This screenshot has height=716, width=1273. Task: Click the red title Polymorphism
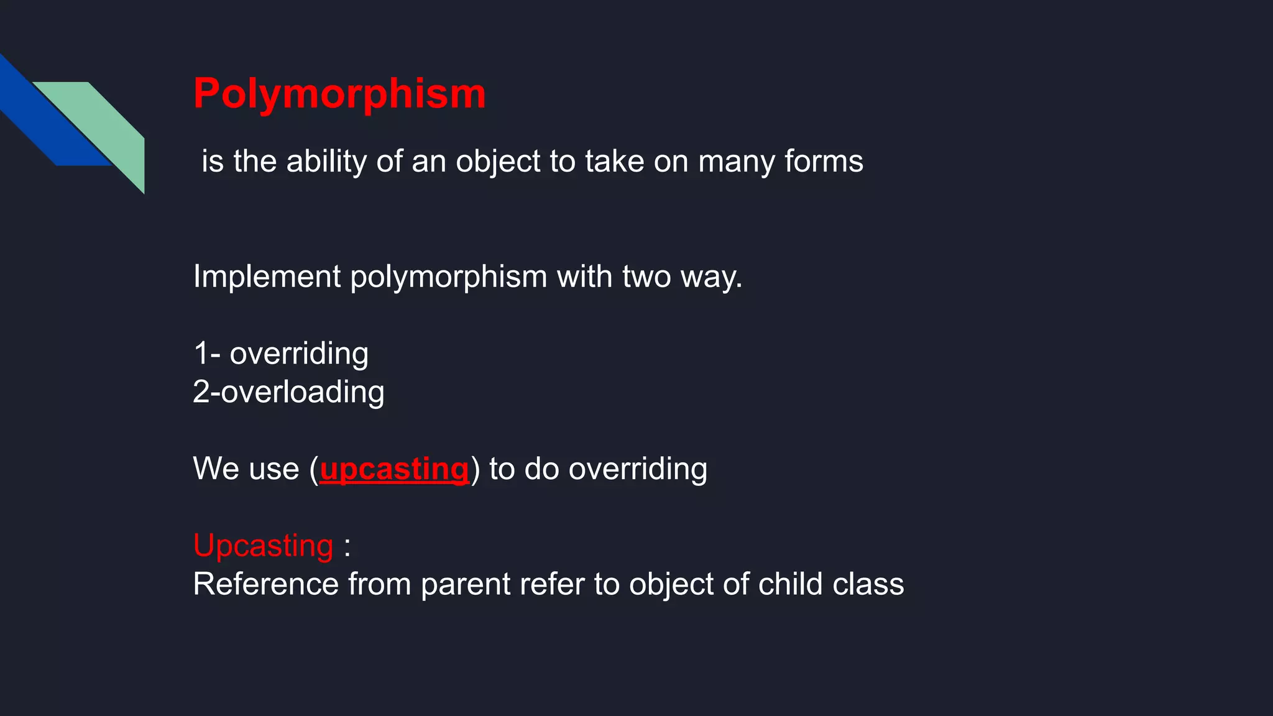click(x=339, y=94)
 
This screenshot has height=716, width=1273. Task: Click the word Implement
click(x=267, y=277)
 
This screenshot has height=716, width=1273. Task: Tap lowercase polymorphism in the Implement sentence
click(x=448, y=277)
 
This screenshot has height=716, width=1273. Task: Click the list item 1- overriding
click(x=281, y=354)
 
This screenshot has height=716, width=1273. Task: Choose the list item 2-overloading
click(x=288, y=392)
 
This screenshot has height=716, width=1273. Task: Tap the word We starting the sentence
click(x=213, y=469)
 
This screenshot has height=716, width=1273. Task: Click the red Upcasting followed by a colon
click(x=264, y=546)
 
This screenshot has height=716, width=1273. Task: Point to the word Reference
click(x=265, y=584)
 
